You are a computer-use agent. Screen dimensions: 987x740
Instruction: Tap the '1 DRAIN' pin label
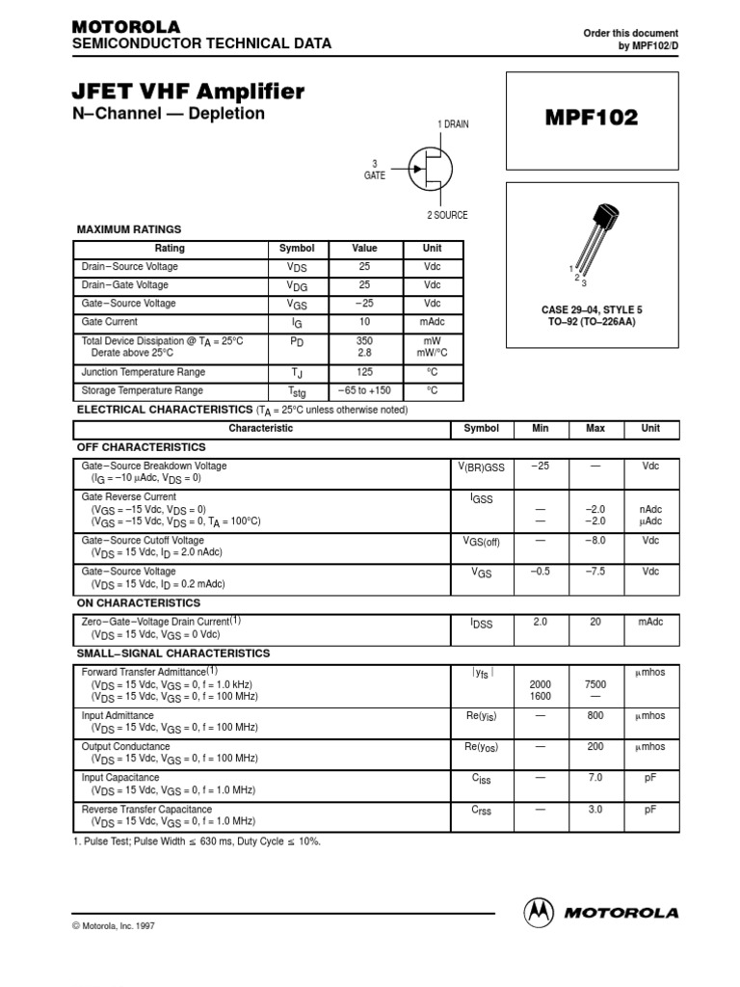[x=453, y=124]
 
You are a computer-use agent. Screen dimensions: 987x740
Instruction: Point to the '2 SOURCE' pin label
[x=447, y=215]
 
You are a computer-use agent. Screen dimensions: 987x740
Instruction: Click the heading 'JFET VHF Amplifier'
[x=189, y=92]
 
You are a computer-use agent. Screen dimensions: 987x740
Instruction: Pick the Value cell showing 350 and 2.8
[x=364, y=347]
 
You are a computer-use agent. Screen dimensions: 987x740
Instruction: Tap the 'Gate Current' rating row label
[x=110, y=322]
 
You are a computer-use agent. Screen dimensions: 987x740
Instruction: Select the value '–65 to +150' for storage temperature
[x=364, y=390]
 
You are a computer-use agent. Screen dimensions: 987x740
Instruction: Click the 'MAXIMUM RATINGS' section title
[x=128, y=229]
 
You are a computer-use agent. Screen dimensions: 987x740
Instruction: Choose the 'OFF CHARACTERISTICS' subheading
[x=141, y=447]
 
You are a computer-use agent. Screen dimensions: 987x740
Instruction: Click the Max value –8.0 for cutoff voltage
[x=595, y=541]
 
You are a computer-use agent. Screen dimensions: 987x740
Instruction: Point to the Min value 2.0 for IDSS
[x=540, y=623]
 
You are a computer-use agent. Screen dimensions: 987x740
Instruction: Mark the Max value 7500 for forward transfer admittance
[x=595, y=683]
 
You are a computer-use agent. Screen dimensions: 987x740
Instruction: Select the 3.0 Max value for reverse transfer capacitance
[x=595, y=810]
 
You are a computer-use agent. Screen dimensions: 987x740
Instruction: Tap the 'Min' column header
[x=540, y=428]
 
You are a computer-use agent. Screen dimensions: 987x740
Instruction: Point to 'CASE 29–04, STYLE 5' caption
[x=594, y=308]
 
